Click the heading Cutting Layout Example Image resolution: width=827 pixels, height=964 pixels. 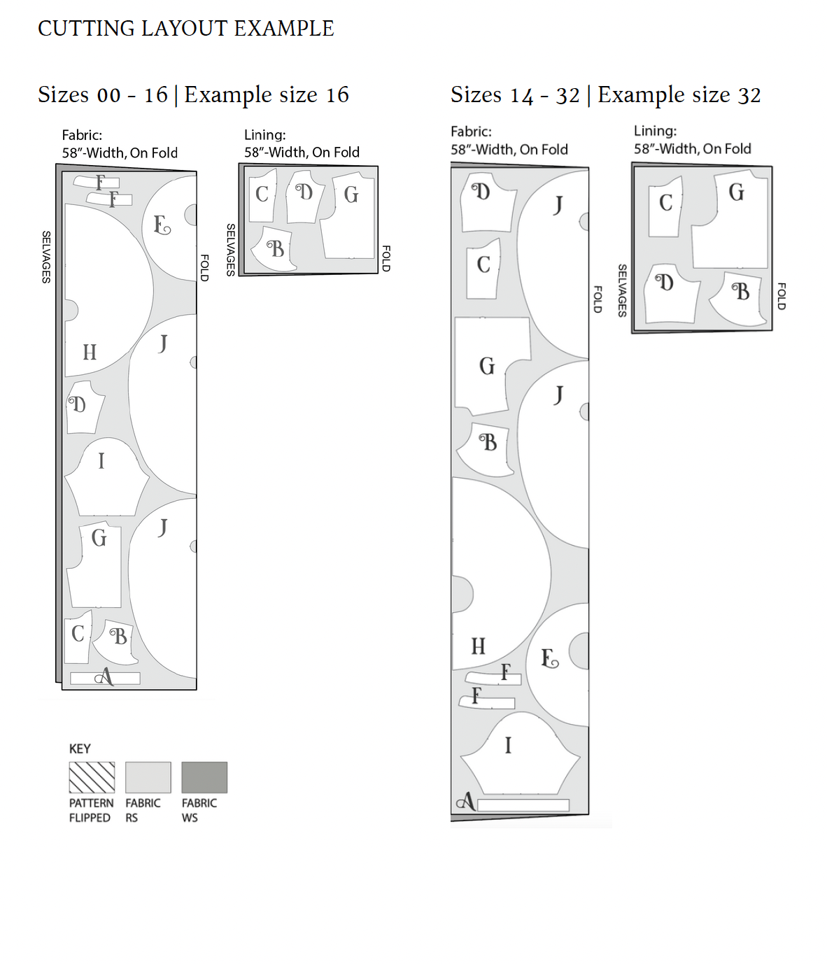185,29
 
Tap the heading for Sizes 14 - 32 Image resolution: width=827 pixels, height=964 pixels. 514,95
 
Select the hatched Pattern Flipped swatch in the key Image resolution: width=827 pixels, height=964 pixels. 92,777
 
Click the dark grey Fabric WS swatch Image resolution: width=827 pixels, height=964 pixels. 204,777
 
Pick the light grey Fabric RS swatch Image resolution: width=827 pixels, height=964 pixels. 148,777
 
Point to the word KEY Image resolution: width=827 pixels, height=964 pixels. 80,749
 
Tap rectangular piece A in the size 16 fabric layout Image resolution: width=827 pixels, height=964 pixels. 105,678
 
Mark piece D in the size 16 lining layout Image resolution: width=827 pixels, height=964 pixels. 304,197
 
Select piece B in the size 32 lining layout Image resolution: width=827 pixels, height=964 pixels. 738,299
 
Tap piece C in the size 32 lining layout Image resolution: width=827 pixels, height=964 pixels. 665,207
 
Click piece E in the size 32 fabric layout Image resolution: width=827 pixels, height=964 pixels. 558,665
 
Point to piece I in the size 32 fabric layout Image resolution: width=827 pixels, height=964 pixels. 520,753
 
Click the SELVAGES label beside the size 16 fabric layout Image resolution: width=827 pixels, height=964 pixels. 46,257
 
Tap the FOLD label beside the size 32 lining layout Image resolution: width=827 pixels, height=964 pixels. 782,296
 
